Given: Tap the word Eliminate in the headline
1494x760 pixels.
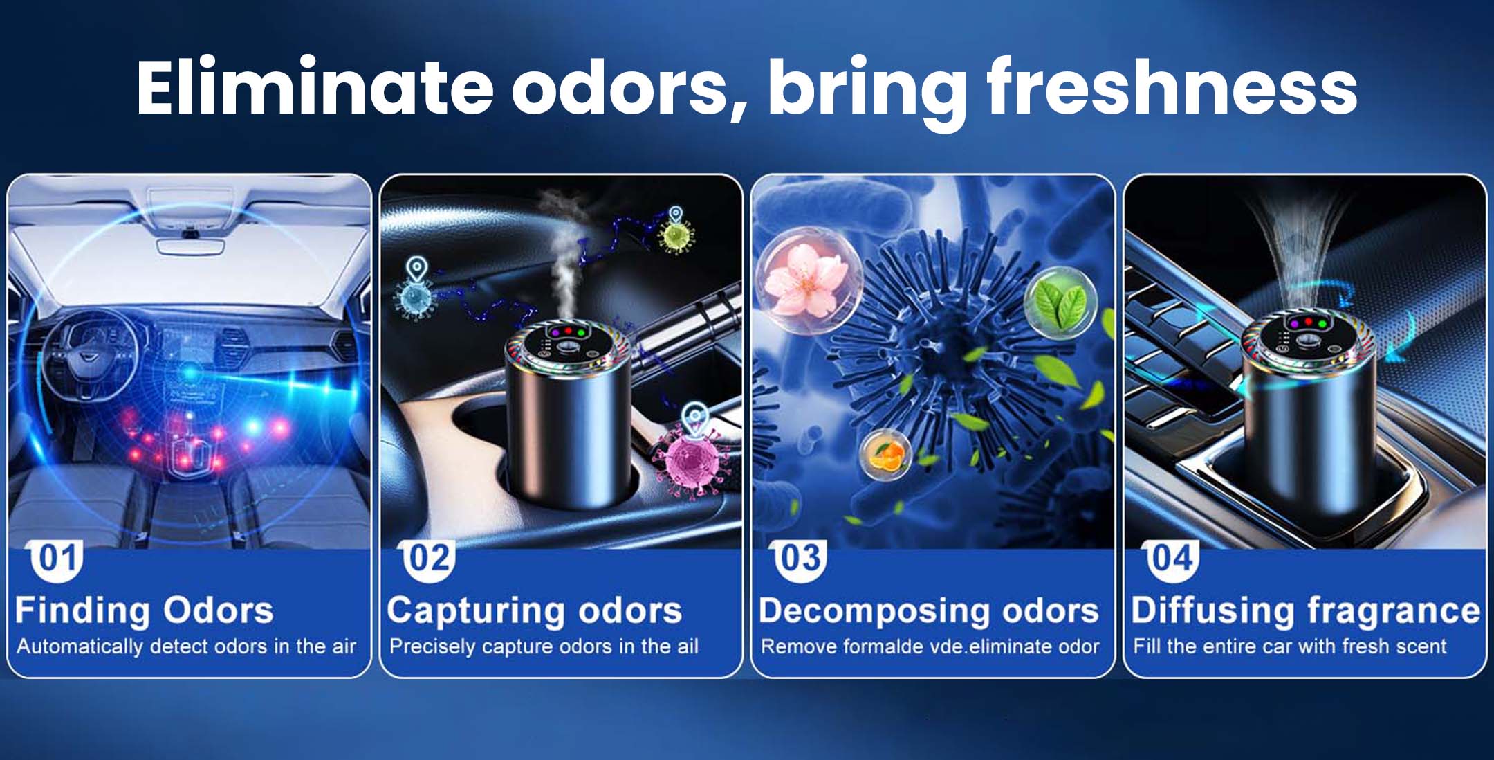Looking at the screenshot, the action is pyautogui.click(x=315, y=87).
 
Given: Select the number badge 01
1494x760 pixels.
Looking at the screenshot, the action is pyautogui.click(x=57, y=559).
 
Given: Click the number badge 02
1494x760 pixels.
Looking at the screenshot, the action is pyautogui.click(x=430, y=559).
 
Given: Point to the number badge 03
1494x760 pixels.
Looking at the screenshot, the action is pyautogui.click(x=800, y=559).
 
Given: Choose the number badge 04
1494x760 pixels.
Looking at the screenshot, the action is pyautogui.click(x=1172, y=559).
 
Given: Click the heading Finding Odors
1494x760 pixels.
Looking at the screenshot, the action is pyautogui.click(x=145, y=610).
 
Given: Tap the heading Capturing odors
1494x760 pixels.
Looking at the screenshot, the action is pyautogui.click(x=535, y=610).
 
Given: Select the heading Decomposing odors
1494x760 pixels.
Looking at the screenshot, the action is pyautogui.click(x=929, y=610).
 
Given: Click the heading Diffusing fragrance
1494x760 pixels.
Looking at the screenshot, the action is pyautogui.click(x=1306, y=610).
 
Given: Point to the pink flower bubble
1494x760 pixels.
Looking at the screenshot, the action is pyautogui.click(x=809, y=281).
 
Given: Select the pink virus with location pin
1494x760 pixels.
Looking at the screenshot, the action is pyautogui.click(x=690, y=453).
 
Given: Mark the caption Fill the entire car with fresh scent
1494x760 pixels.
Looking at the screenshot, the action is pyautogui.click(x=1289, y=646).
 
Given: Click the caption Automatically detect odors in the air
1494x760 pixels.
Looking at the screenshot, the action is pyautogui.click(x=186, y=646).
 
